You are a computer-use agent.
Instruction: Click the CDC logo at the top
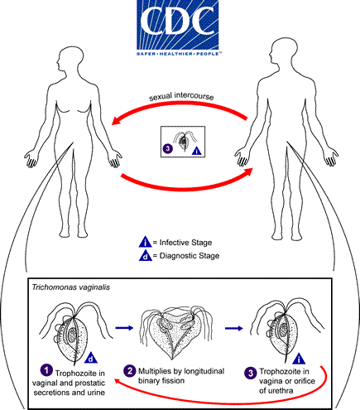tap(179, 25)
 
